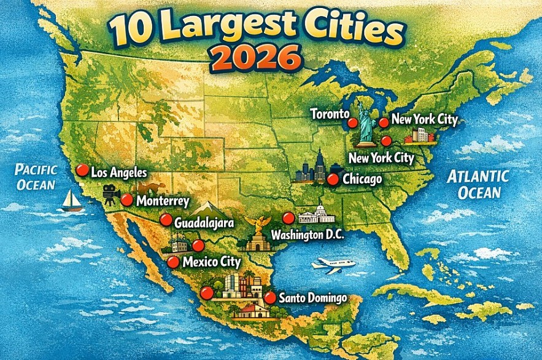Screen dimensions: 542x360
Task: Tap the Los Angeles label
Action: click(119, 173)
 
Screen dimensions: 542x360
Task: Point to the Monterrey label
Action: click(163, 201)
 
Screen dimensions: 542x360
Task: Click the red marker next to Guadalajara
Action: click(165, 220)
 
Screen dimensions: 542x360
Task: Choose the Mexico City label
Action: click(212, 262)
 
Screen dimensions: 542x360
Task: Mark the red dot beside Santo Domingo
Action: click(269, 298)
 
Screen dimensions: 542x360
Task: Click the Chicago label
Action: click(362, 179)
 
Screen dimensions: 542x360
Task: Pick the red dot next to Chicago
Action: click(333, 179)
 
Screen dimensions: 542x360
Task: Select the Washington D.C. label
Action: click(308, 235)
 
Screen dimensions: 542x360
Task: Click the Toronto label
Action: click(330, 114)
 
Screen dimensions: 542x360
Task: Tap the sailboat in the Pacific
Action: click(72, 200)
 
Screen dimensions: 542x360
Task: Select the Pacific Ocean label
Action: click(36, 177)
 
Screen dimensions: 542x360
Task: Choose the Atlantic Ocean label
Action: click(478, 184)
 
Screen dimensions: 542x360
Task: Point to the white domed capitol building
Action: click(316, 215)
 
